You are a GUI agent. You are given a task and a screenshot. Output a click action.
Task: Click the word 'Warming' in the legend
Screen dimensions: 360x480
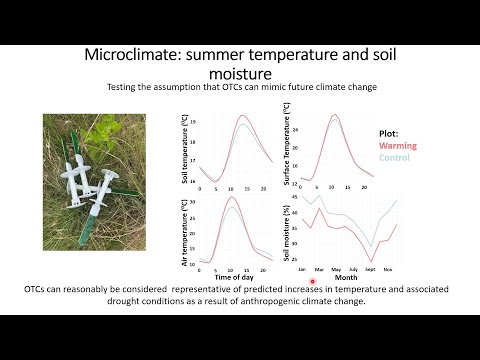pos(398,144)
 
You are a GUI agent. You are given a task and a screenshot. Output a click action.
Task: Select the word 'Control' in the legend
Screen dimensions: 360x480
pos(395,157)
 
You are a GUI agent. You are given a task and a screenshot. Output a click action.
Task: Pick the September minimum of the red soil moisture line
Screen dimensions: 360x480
pos(371,260)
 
